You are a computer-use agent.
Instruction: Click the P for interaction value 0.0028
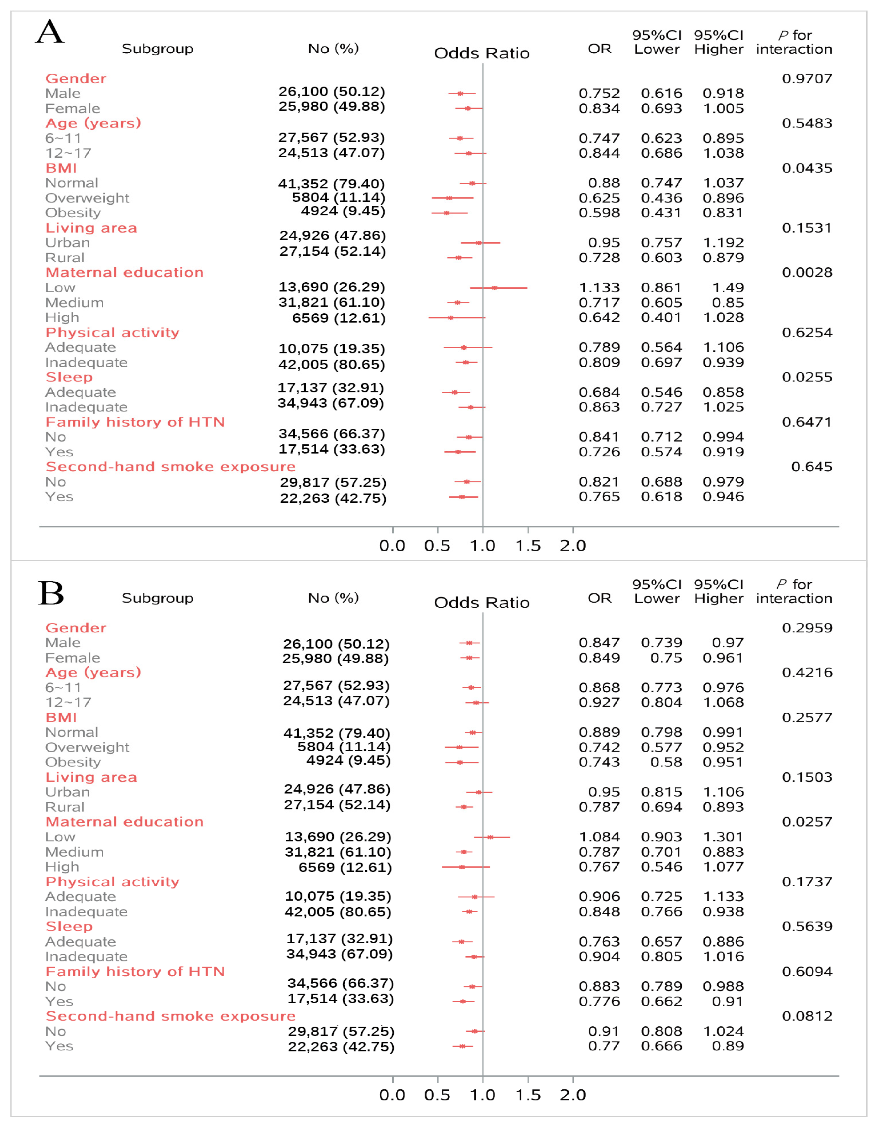[x=807, y=272]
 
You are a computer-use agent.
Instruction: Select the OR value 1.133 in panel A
[x=599, y=287]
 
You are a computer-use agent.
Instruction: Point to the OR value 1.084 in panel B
[x=599, y=837]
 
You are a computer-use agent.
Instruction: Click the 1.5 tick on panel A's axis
[x=528, y=545]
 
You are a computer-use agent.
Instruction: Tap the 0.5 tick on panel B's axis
[x=437, y=1095]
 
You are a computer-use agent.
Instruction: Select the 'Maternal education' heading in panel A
[x=124, y=272]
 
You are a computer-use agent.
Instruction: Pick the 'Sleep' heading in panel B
[x=69, y=926]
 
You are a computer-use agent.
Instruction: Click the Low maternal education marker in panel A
[x=494, y=287]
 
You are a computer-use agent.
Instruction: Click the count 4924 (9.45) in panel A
[x=342, y=211]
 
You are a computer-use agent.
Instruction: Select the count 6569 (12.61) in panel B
[x=345, y=868]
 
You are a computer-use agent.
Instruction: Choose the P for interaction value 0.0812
[x=807, y=1016]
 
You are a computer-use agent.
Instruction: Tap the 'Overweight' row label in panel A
[x=87, y=198]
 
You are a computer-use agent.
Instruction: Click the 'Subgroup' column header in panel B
[x=157, y=598]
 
